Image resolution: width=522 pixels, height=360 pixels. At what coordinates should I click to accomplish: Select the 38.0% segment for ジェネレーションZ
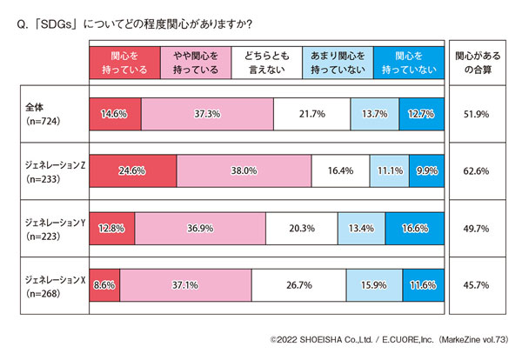point(244,171)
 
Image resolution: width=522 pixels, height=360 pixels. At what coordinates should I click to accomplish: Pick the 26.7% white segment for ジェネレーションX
point(298,285)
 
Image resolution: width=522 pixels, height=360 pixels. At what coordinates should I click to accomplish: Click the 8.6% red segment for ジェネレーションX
point(105,285)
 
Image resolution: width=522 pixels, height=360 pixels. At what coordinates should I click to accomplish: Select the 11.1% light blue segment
point(389,171)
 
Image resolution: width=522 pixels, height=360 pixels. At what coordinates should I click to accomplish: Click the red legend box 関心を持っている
point(124,61)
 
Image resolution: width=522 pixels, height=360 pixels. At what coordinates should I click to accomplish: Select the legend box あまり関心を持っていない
point(338,61)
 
